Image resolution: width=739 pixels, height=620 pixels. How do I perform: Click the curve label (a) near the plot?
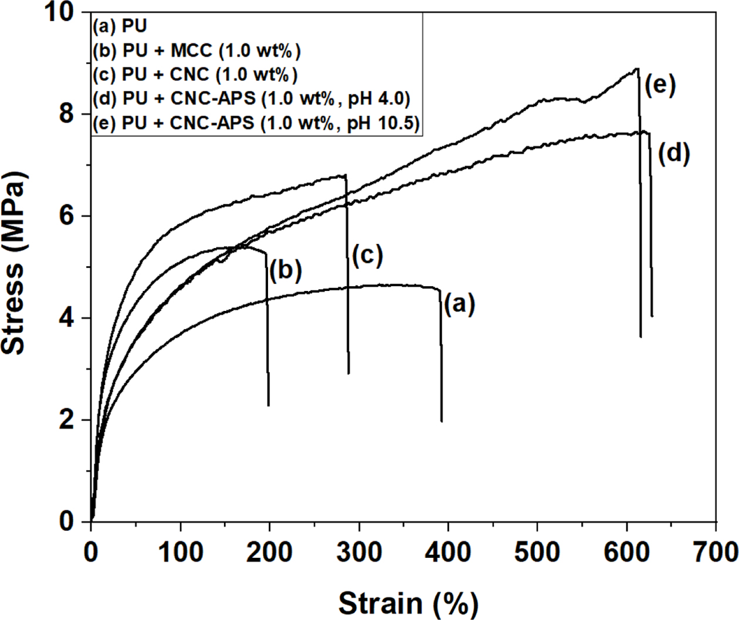pyautogui.click(x=459, y=304)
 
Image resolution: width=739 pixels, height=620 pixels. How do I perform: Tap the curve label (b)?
pyautogui.click(x=285, y=270)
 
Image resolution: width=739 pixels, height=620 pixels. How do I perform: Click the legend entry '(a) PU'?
pyautogui.click(x=120, y=26)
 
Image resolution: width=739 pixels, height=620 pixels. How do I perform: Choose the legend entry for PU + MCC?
pyautogui.click(x=196, y=51)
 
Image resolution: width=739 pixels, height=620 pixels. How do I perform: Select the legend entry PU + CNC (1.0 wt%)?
pyautogui.click(x=195, y=75)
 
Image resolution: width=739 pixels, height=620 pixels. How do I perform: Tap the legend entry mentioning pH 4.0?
pyautogui.click(x=251, y=99)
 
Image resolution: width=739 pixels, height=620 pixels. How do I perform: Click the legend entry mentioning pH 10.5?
pyautogui.click(x=257, y=124)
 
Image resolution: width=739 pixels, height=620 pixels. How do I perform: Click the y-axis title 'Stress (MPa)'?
pyautogui.click(x=14, y=262)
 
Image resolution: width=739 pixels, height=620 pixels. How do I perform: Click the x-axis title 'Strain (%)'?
pyautogui.click(x=408, y=602)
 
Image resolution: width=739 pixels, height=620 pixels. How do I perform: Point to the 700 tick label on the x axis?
pyautogui.click(x=715, y=551)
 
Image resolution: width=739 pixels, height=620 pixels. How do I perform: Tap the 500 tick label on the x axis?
pyautogui.click(x=537, y=551)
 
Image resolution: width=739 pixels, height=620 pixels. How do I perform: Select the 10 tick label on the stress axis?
pyautogui.click(x=62, y=13)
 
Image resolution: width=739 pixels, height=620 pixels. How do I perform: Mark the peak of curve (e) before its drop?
pyautogui.click(x=637, y=69)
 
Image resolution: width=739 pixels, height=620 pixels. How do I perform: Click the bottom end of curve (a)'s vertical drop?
pyautogui.click(x=442, y=421)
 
